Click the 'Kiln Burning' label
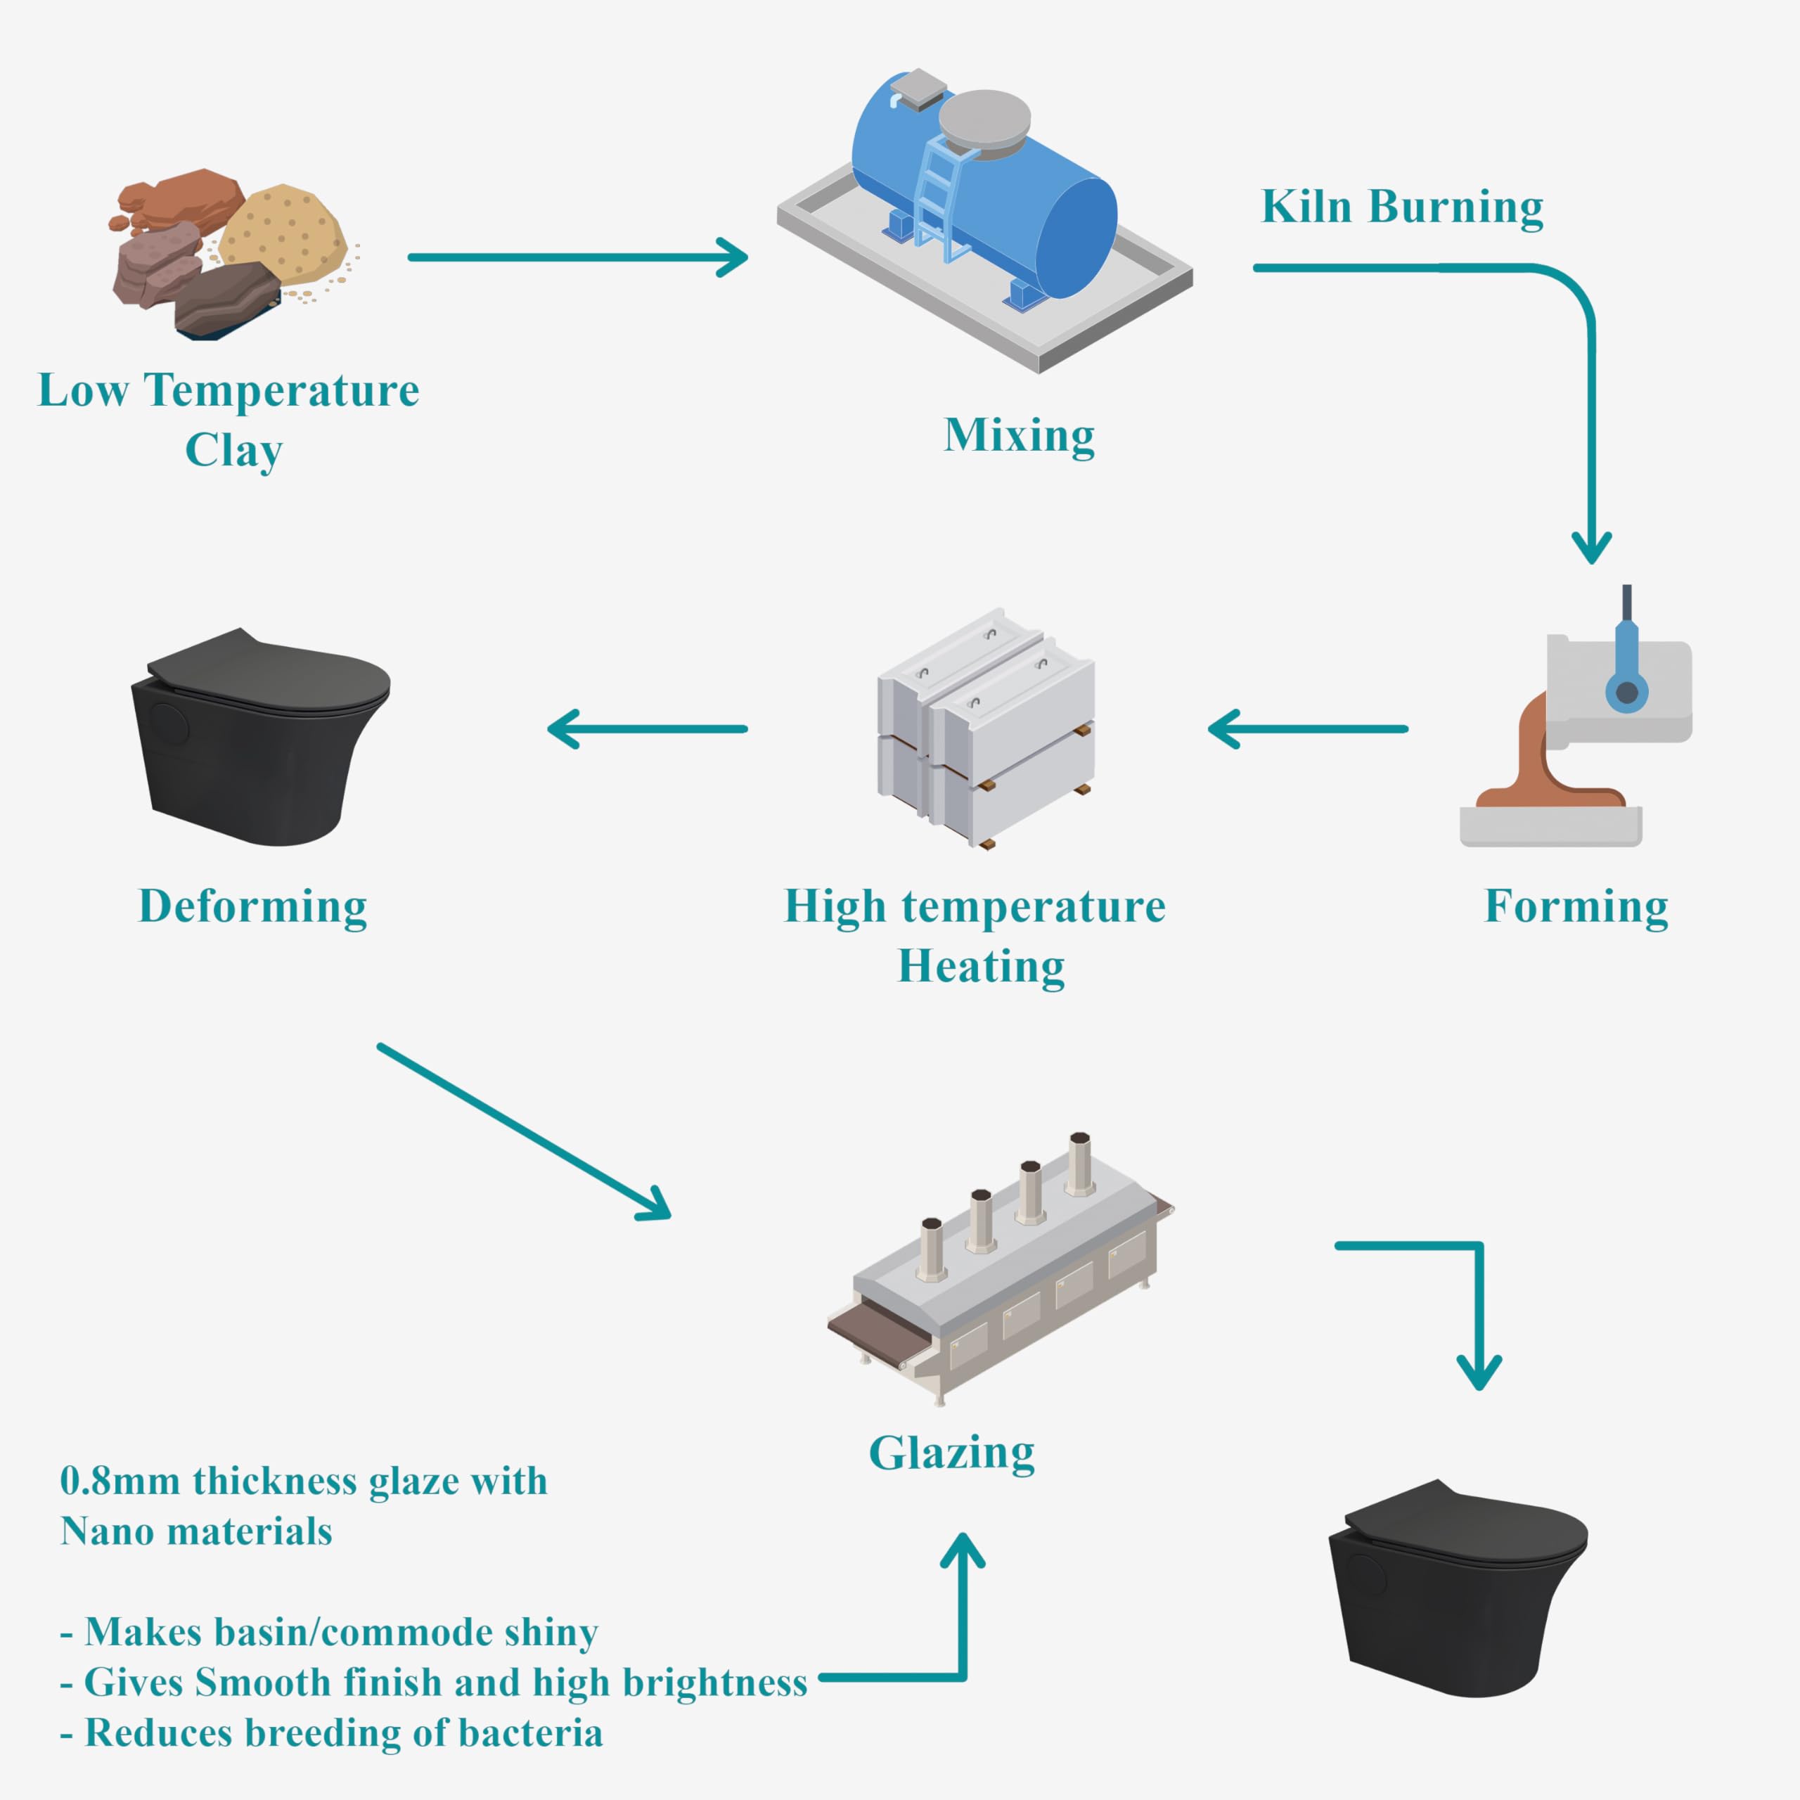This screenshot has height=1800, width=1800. [x=1401, y=207]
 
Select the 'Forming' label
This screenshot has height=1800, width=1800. [x=1576, y=906]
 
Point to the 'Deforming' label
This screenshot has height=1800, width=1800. [x=252, y=906]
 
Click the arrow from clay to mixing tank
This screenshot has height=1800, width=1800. [x=578, y=257]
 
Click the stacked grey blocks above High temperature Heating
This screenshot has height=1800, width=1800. [x=986, y=727]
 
